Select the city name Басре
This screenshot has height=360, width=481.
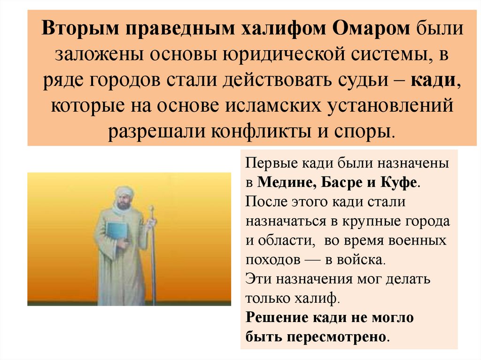[x=342, y=182]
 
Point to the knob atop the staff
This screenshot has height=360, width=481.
[x=151, y=209]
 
